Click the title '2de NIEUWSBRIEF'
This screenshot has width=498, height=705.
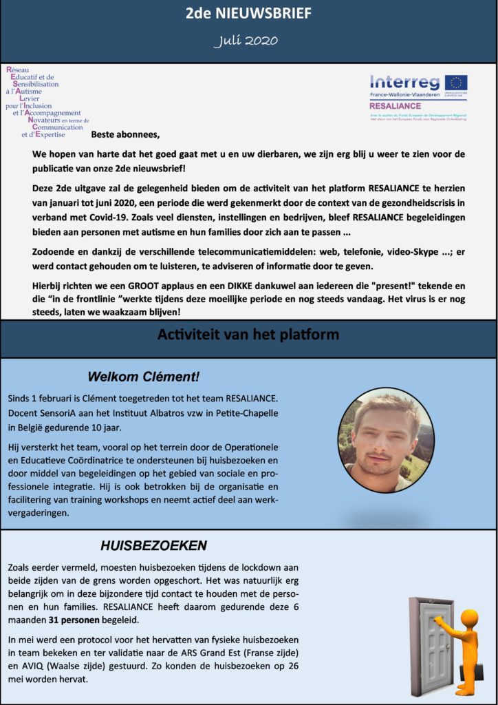point(248,13)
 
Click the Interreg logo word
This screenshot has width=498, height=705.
point(404,83)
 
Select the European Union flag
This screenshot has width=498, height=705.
point(456,83)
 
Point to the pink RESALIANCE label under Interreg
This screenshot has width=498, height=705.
point(396,107)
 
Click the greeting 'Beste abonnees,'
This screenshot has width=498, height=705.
point(124,134)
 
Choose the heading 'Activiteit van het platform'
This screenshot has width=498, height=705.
point(248,336)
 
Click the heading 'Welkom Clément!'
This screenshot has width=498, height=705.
point(144,377)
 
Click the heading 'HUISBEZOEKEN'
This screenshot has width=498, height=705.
point(153,547)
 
